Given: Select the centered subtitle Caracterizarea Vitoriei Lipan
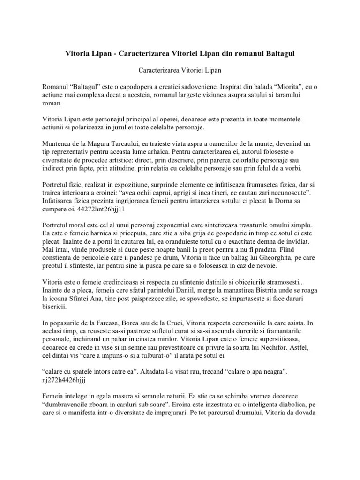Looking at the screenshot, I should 180,71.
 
